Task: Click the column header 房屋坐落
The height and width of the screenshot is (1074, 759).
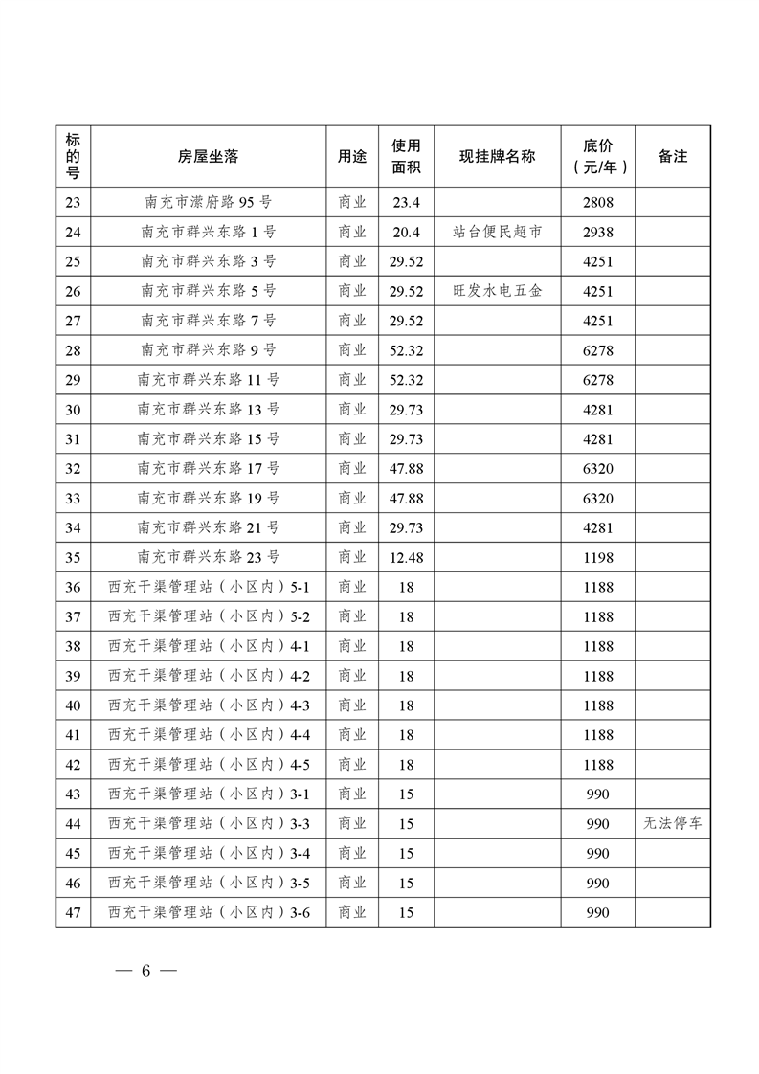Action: point(208,156)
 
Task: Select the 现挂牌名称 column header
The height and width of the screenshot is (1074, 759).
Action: point(497,156)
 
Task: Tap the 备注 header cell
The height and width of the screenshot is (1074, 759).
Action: point(672,156)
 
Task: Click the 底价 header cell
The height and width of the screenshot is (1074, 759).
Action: point(597,156)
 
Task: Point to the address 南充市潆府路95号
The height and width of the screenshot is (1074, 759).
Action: point(208,202)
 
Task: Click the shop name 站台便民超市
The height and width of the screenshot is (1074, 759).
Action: point(497,232)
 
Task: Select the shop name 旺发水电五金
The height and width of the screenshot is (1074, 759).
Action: point(497,291)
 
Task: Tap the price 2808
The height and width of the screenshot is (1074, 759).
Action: point(597,202)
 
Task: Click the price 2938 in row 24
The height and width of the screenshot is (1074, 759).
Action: point(597,232)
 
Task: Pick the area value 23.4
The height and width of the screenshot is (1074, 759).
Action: point(406,202)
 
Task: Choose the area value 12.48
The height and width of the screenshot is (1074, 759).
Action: point(406,557)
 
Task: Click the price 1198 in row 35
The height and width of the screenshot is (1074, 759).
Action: point(597,557)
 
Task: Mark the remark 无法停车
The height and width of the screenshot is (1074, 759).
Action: point(672,823)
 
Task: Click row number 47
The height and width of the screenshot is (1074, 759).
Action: point(73,912)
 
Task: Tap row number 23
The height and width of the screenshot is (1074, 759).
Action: point(73,202)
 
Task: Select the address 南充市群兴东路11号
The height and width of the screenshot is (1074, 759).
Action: point(208,380)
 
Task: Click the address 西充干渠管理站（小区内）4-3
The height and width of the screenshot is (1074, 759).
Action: point(208,705)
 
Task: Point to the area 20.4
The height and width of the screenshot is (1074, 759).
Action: point(406,232)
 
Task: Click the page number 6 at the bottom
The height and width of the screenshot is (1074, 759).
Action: point(146,970)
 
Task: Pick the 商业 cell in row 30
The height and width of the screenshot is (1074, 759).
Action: point(352,410)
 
